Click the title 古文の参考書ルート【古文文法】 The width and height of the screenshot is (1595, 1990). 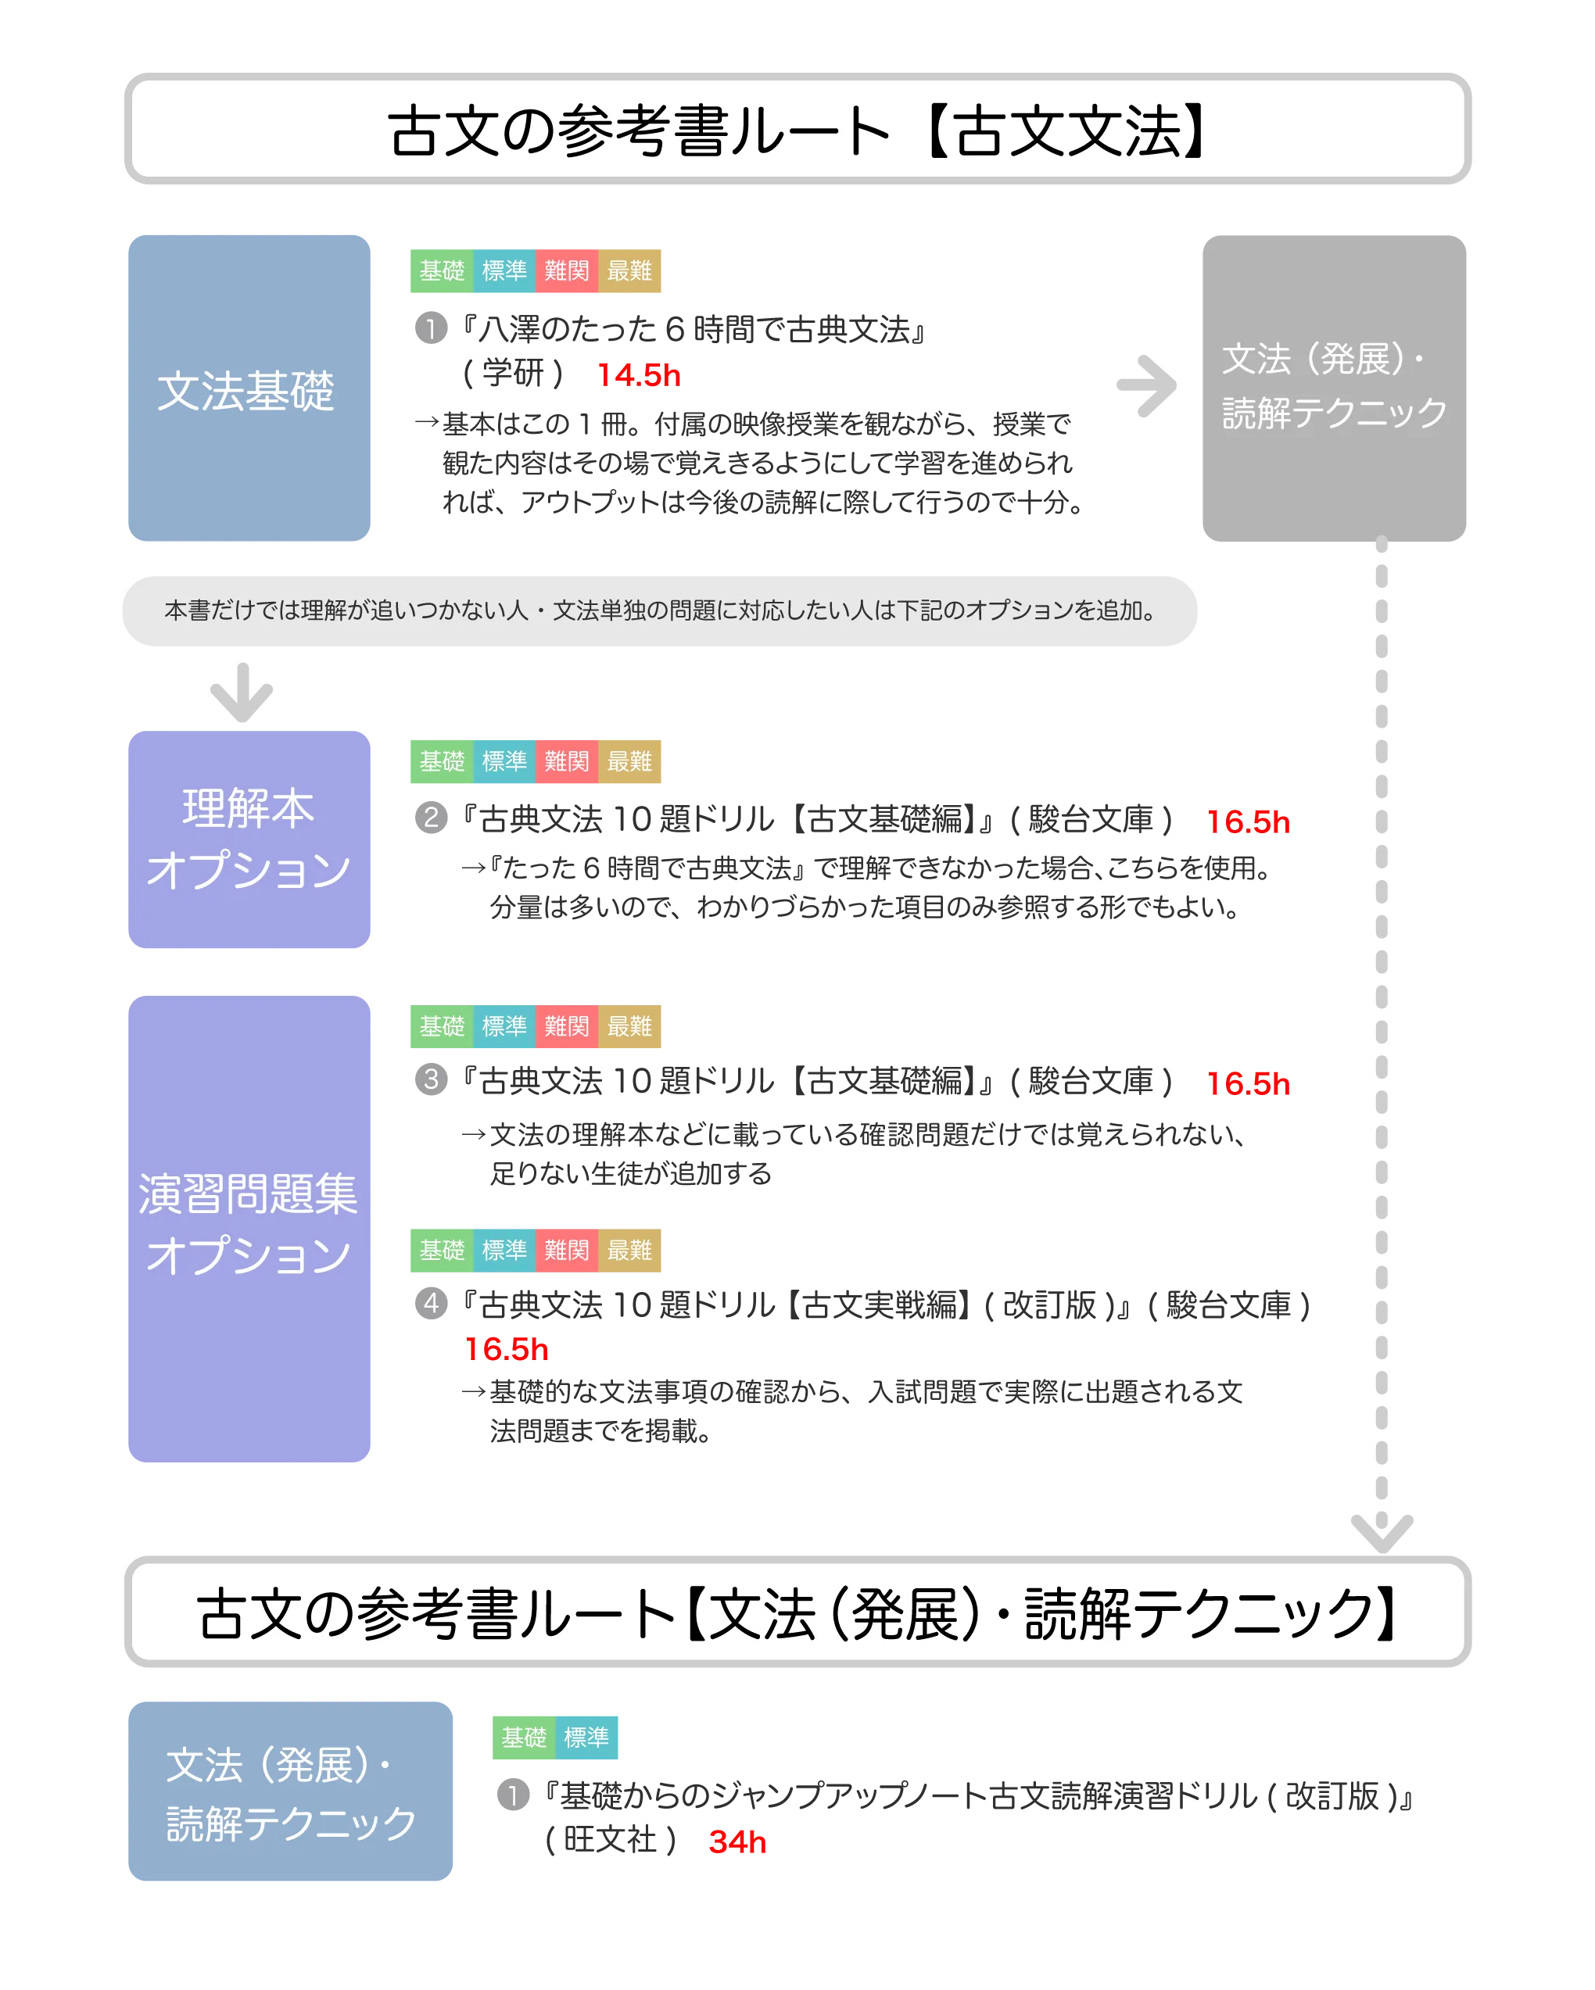(797, 129)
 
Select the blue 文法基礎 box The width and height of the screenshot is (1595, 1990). (249, 388)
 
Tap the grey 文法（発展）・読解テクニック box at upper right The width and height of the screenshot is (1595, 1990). (1334, 388)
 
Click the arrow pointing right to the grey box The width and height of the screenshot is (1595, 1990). (1147, 384)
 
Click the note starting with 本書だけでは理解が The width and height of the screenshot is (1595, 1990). (659, 611)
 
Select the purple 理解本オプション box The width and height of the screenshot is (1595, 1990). (249, 838)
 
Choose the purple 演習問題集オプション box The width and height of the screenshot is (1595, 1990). (249, 1228)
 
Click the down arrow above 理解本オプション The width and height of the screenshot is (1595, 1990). (241, 691)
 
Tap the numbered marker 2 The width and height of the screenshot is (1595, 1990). (431, 818)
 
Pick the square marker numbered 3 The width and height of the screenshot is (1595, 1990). (431, 1079)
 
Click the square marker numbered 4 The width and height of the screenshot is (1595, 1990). (431, 1303)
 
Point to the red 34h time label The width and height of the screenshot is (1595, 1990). (737, 1842)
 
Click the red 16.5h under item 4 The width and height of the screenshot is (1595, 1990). (506, 1349)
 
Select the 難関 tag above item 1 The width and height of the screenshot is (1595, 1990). (567, 270)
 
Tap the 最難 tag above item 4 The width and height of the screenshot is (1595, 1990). (630, 1251)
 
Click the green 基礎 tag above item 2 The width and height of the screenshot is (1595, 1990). (441, 762)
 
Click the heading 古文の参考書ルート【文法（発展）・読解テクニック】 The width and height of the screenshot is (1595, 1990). (797, 1613)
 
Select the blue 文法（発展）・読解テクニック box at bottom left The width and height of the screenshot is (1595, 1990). (291, 1791)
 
